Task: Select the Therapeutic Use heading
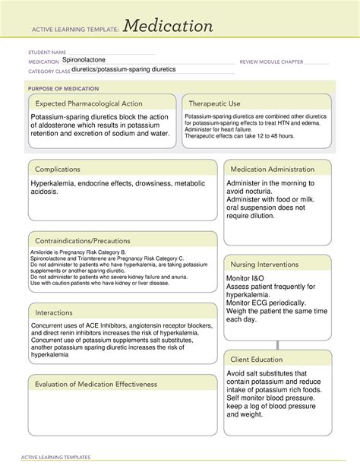[x=215, y=103]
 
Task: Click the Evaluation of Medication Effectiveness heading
[x=96, y=384]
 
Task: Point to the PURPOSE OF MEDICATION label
[x=60, y=87]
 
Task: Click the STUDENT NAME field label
[x=46, y=52]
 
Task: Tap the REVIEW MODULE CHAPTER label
[x=271, y=61]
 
